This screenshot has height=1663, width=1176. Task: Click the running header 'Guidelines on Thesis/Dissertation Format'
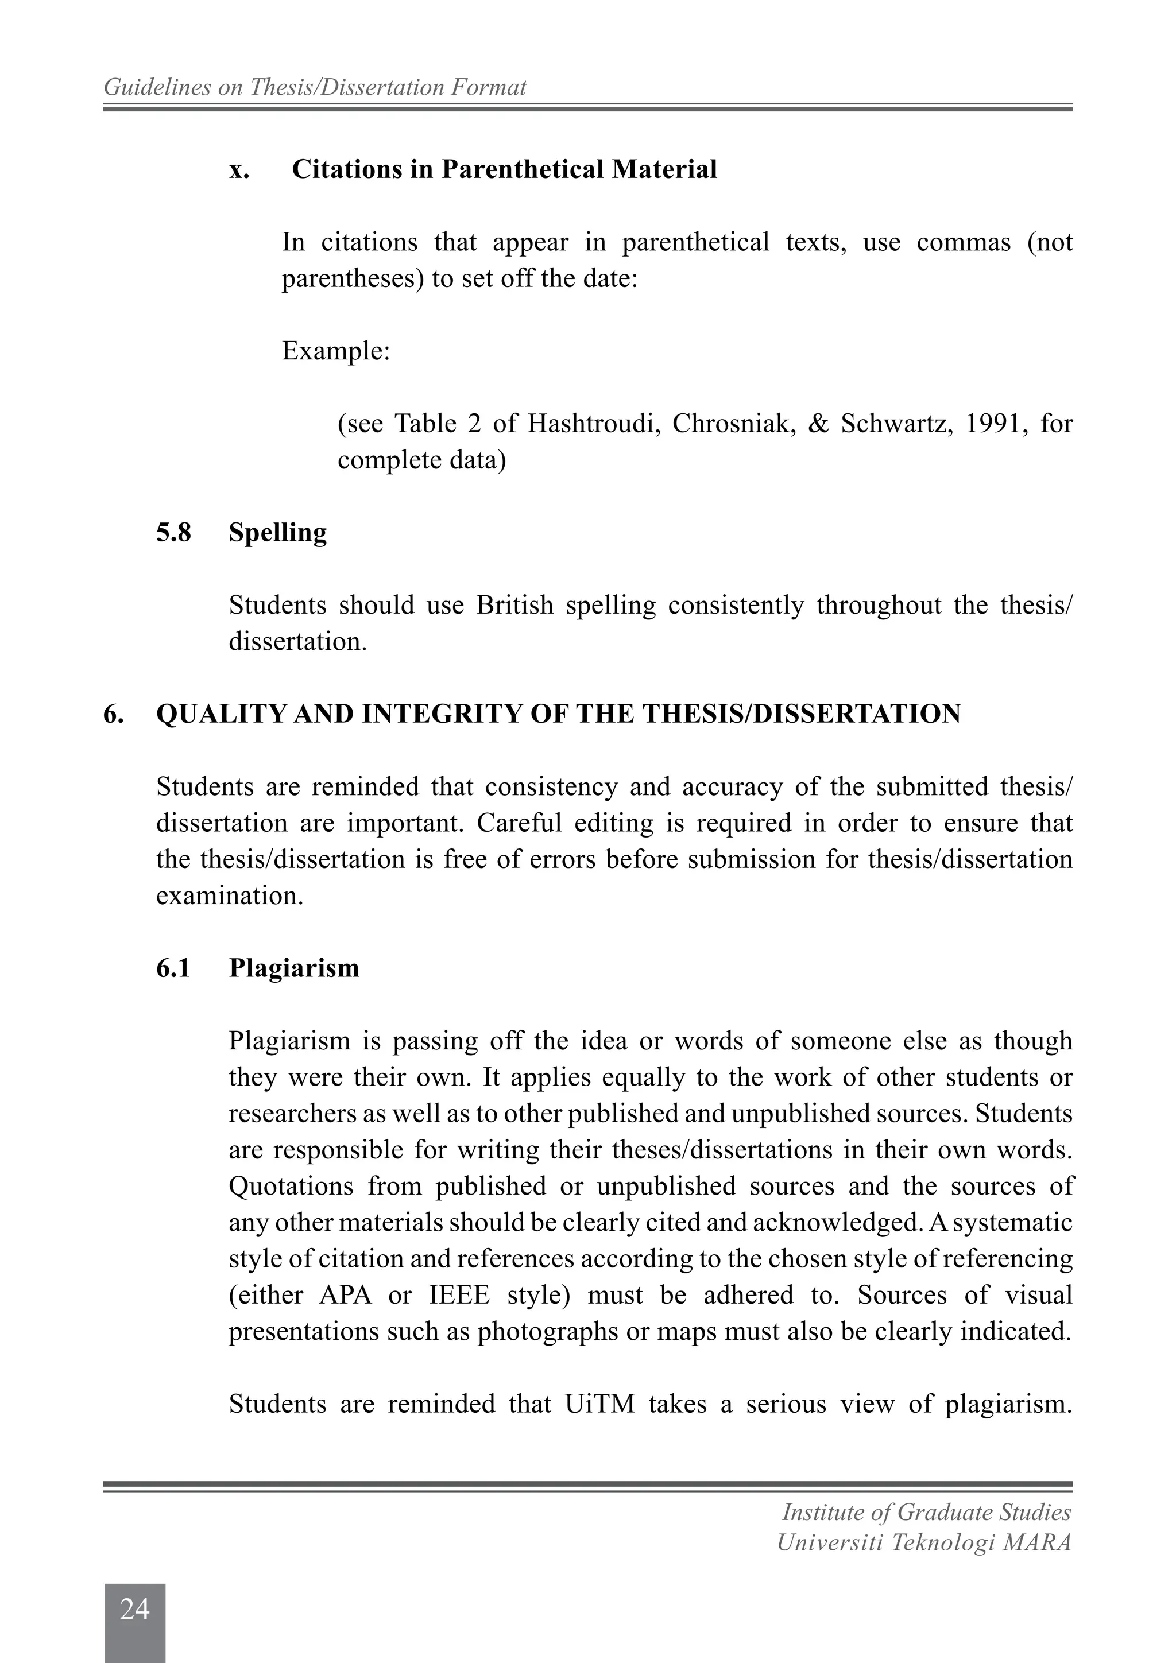pos(315,88)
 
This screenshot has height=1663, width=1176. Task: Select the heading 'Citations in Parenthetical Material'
pos(504,169)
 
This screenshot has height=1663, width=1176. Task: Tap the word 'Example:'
pos(335,351)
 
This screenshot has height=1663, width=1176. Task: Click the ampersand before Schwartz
pos(818,424)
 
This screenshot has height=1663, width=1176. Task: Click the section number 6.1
pos(173,968)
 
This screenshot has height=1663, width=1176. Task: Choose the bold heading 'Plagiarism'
pos(293,968)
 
